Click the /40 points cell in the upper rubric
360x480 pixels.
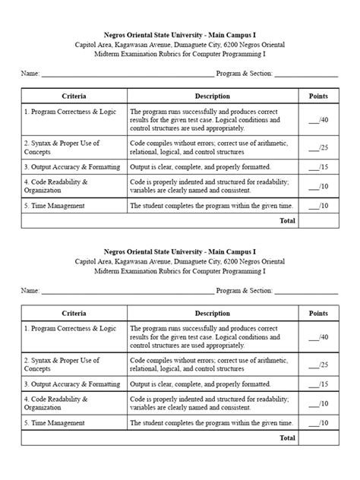[x=318, y=120]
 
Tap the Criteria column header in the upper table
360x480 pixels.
[x=74, y=96]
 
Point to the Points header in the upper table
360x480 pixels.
[x=318, y=96]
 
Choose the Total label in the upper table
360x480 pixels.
[x=287, y=221]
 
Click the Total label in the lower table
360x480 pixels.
[x=287, y=438]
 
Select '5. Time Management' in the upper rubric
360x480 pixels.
[x=54, y=205]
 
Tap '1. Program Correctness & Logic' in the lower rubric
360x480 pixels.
[x=70, y=328]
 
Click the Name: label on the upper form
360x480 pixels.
[x=30, y=74]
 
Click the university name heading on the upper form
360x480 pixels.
[x=179, y=34]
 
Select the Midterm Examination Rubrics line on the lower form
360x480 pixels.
[x=179, y=271]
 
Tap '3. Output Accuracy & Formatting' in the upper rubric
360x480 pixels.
[x=72, y=166]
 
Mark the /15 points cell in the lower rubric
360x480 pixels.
[x=318, y=384]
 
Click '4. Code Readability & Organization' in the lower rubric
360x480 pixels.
[x=56, y=403]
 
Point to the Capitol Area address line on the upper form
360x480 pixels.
[x=179, y=45]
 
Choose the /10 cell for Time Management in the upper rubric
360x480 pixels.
[x=318, y=206]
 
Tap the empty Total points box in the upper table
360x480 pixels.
[x=318, y=221]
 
